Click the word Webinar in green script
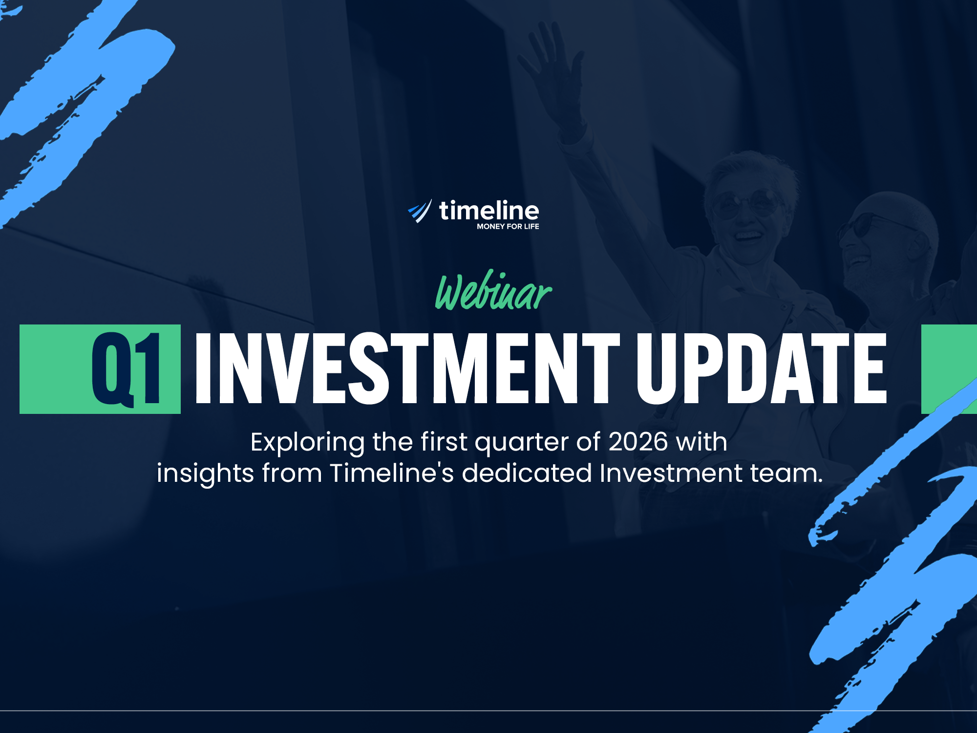[x=493, y=290]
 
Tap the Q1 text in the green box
[x=127, y=369]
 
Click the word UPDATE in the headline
[x=762, y=369]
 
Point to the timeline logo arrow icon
[x=420, y=211]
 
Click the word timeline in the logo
[x=489, y=211]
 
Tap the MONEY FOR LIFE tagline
[x=508, y=226]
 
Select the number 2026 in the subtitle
[x=638, y=442]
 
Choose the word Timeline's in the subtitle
[x=392, y=473]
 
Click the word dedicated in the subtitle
[x=527, y=473]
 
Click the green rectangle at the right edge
[x=949, y=369]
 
